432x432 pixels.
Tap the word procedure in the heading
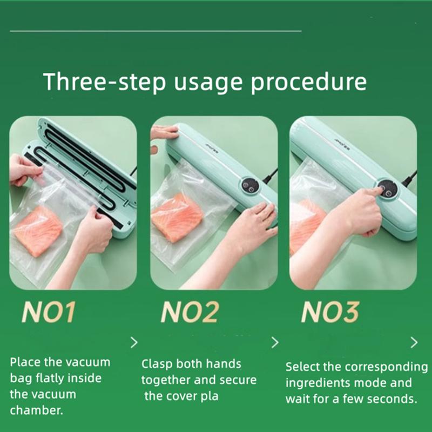308,83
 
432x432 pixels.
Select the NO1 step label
48,312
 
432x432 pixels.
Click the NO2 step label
190,312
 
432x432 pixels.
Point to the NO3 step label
330,312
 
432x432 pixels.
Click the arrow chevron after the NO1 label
134,342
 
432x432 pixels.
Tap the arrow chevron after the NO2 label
275,342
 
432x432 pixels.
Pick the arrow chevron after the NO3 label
414,342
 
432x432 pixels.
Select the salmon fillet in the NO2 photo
177,218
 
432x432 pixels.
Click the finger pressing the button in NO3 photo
377,190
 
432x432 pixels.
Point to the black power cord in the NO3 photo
409,178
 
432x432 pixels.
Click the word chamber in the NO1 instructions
36,410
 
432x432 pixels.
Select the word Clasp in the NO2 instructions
157,364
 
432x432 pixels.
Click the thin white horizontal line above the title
156,31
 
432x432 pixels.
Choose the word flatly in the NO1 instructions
50,379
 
